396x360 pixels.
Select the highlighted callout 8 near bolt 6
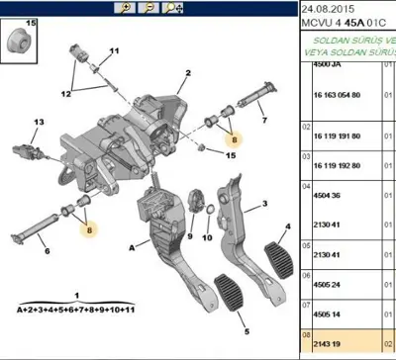coord(89,228)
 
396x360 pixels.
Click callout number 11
coord(113,50)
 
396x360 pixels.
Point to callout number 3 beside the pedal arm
coord(264,206)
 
